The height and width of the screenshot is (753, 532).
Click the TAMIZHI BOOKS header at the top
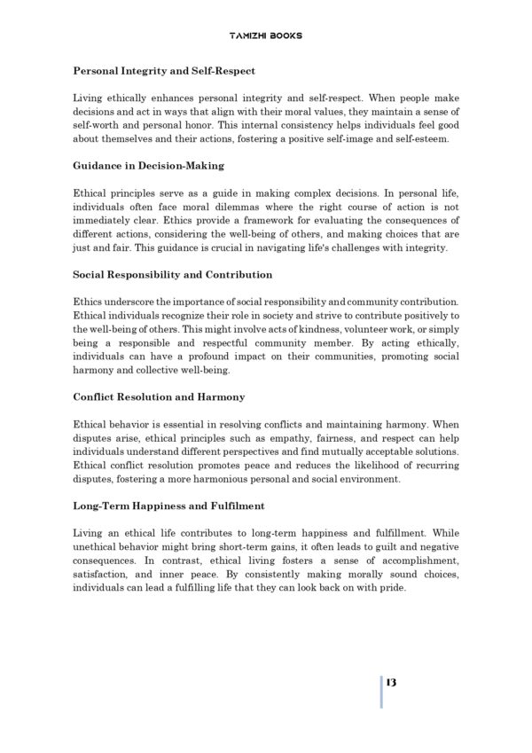point(265,35)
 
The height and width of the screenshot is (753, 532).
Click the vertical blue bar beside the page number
point(381,690)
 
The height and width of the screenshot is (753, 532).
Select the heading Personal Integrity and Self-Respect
point(164,68)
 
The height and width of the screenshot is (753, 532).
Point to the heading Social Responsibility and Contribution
point(172,275)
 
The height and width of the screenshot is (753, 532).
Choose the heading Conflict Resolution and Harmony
point(159,397)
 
